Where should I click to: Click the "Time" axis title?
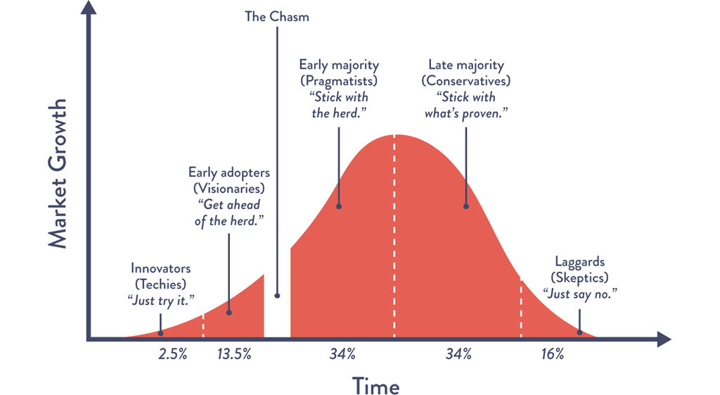[x=375, y=385]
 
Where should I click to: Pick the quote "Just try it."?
[x=161, y=300]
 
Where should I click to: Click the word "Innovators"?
[x=161, y=268]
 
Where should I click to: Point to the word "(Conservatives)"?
[x=465, y=81]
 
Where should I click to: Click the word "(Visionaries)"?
[x=229, y=188]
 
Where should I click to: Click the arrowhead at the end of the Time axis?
[x=664, y=339]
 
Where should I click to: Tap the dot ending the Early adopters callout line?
[x=229, y=311]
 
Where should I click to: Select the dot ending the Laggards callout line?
[x=580, y=332]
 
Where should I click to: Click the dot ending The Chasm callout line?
[x=277, y=296]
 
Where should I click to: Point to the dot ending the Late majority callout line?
[x=465, y=206]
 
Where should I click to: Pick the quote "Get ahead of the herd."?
[x=229, y=211]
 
